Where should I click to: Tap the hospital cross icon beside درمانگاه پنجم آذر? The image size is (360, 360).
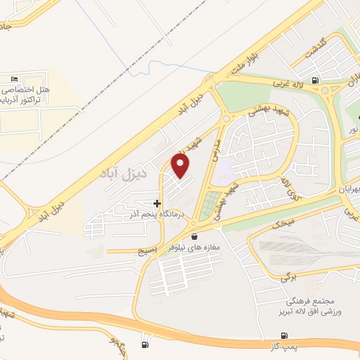point(156,203)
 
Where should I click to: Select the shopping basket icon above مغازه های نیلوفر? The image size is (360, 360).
point(194,237)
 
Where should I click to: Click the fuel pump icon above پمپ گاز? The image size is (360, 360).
point(284,335)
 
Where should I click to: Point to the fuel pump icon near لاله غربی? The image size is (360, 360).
point(314,79)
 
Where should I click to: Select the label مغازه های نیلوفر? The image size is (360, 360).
point(193,248)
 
